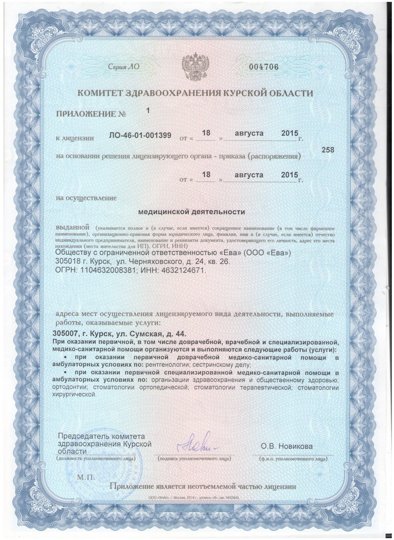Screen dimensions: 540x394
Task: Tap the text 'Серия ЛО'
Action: tap(123, 67)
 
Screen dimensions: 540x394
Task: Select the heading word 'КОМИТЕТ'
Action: tap(102, 94)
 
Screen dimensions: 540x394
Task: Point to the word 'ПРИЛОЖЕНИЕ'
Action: tap(86, 116)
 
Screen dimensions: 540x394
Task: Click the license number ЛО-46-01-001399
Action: tap(140, 136)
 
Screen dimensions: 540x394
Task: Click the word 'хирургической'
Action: tap(74, 394)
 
